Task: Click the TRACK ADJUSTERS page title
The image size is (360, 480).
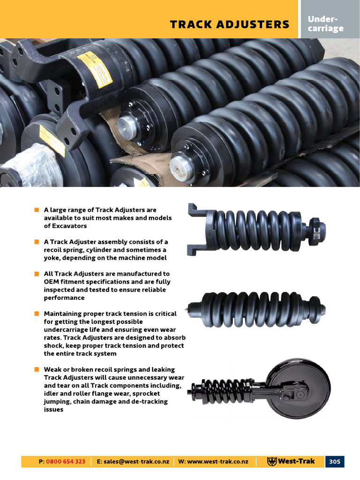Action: click(x=230, y=24)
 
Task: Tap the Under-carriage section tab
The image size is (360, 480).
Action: click(x=325, y=23)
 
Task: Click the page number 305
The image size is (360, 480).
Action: click(x=334, y=461)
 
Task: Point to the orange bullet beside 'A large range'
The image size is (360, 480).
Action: click(x=37, y=210)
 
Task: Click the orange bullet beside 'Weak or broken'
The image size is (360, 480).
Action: click(x=37, y=370)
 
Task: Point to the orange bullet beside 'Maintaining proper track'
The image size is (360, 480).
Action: click(x=37, y=314)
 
